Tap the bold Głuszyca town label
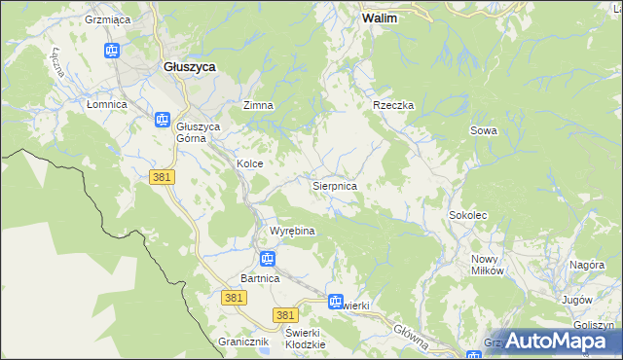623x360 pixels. tap(189, 66)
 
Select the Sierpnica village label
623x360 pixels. tap(334, 185)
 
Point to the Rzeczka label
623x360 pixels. tap(393, 105)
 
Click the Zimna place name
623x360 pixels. tap(258, 105)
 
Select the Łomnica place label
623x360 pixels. tap(107, 104)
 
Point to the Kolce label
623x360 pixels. tap(250, 164)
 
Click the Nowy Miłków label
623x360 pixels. tap(487, 265)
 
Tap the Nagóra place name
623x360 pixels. tap(587, 265)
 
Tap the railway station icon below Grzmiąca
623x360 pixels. tap(112, 50)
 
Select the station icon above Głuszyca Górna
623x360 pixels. tap(163, 119)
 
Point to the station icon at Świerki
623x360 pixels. tap(336, 302)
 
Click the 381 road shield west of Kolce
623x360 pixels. tap(162, 177)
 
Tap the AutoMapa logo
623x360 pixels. tap(558, 341)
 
